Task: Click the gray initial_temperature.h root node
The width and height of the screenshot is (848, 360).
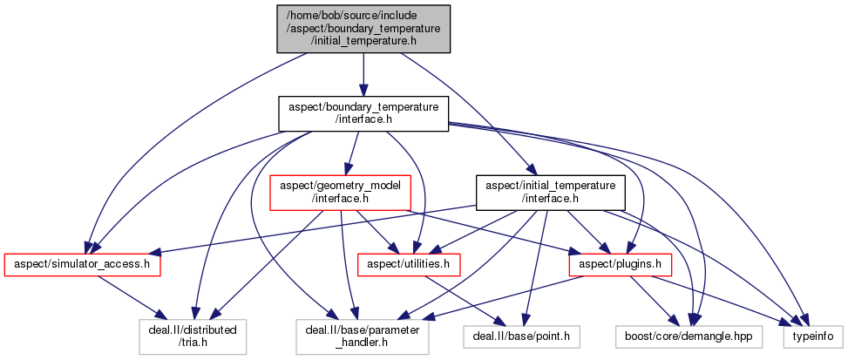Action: tap(363, 29)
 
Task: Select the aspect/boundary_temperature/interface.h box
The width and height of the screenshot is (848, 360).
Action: tap(363, 113)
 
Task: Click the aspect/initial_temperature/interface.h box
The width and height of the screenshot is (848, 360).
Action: tap(550, 192)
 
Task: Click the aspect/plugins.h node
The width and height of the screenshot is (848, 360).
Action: tap(610, 262)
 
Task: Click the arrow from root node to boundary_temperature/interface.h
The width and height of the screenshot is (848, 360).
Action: tap(363, 74)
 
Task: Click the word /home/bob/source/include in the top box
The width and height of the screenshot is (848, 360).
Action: tap(363, 16)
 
